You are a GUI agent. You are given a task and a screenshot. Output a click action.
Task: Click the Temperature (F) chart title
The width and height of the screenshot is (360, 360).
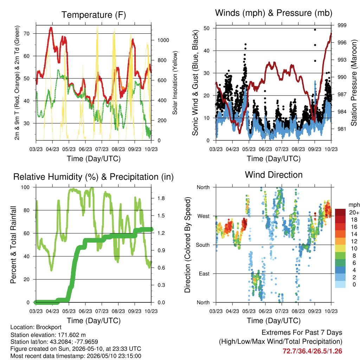tap(94, 15)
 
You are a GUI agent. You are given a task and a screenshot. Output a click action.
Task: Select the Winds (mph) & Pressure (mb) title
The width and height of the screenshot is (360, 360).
tap(274, 13)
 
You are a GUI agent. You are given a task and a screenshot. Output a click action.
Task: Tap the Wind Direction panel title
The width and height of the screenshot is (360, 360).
tap(274, 175)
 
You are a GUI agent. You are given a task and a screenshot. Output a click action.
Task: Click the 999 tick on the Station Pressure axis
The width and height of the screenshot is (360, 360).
tap(342, 25)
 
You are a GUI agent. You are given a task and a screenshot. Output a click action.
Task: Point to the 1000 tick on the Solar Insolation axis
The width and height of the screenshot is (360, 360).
tap(163, 40)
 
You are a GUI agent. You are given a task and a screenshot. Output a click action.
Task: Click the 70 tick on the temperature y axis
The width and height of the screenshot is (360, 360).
tap(27, 33)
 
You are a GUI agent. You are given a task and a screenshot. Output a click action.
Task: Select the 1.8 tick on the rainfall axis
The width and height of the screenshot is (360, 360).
tap(161, 198)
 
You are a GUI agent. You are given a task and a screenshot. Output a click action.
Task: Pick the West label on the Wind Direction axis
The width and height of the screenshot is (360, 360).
tap(204, 216)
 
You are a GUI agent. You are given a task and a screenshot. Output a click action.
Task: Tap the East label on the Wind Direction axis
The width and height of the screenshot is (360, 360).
tap(204, 274)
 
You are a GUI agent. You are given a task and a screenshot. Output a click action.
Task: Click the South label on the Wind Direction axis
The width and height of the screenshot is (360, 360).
tap(203, 245)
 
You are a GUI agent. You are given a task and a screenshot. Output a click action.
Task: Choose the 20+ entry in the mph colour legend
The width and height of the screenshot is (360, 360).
tap(354, 212)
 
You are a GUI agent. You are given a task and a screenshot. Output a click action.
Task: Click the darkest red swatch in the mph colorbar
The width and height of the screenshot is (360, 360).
tap(340, 212)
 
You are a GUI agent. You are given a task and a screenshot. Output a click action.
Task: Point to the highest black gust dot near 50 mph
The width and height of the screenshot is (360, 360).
tap(315, 30)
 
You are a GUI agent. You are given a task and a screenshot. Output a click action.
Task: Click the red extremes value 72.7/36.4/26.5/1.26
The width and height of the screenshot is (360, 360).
tap(312, 351)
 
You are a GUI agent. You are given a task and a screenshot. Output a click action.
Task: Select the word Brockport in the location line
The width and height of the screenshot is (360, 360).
tap(49, 327)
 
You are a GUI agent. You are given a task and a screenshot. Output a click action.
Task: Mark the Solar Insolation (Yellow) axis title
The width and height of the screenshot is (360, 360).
tap(175, 83)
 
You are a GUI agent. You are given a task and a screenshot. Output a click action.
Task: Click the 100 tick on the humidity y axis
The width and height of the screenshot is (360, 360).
tap(25, 187)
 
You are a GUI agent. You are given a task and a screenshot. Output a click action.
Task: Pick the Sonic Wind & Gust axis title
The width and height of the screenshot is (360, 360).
tap(195, 83)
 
